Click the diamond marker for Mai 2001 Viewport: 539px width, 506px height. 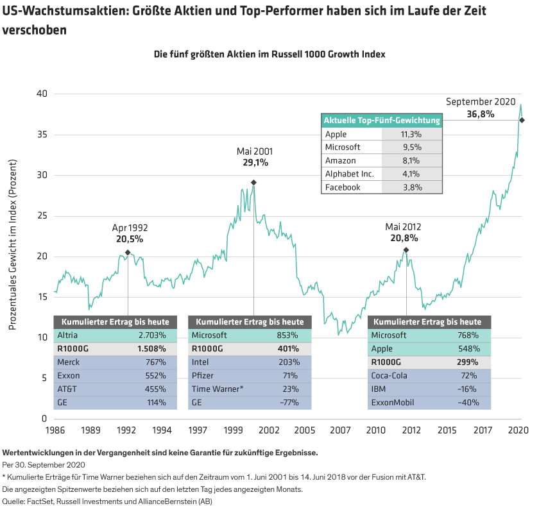coord(253,183)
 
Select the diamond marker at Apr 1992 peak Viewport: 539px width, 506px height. coord(128,253)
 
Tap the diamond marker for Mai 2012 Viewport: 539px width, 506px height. coord(406,249)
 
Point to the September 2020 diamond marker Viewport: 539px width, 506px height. coord(522,120)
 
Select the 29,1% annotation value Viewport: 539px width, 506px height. coord(255,163)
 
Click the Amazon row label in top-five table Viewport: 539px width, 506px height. coord(340,161)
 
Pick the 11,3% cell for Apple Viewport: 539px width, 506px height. coord(411,134)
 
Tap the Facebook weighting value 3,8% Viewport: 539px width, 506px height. coord(411,187)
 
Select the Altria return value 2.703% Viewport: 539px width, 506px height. coord(152,335)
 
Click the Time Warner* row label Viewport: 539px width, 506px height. coord(218,389)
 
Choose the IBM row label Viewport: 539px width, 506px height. coord(379,389)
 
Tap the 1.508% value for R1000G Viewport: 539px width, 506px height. coord(152,349)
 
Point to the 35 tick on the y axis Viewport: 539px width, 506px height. coord(41,135)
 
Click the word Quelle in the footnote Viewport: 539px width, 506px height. coord(13,500)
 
